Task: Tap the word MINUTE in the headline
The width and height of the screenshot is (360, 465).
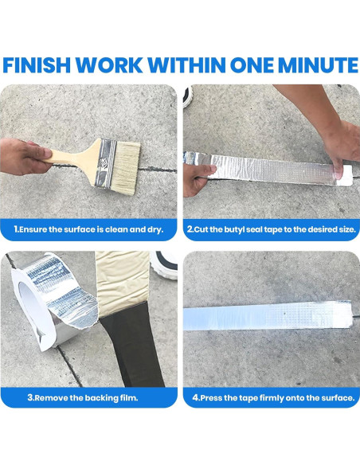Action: [311, 64]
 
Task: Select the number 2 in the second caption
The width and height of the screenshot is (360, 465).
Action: [190, 230]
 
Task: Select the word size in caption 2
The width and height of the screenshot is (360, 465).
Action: [338, 230]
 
